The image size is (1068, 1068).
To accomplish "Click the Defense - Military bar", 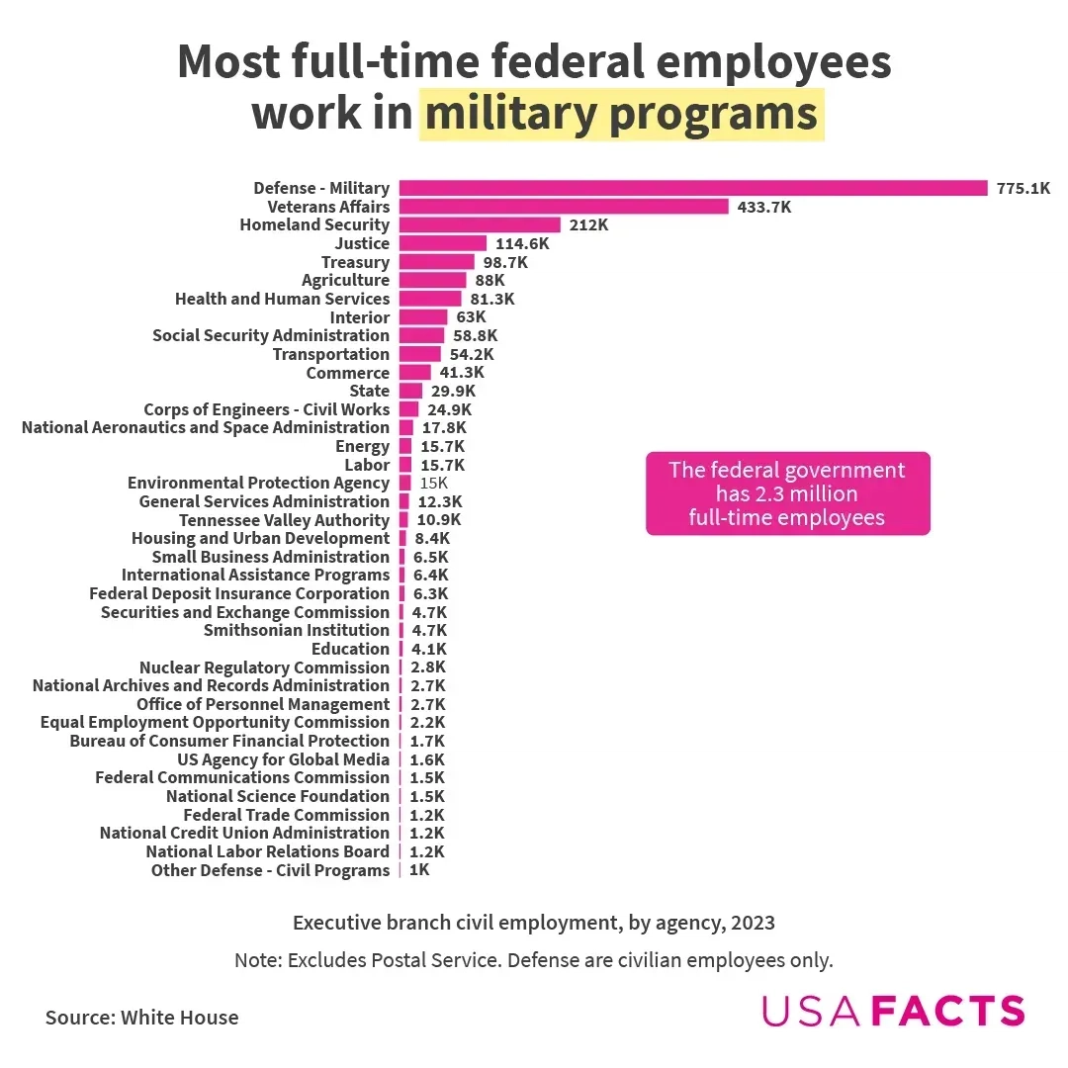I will coord(692,188).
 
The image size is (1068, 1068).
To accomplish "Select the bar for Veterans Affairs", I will coord(564,207).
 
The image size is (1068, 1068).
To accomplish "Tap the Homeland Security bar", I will coord(480,225).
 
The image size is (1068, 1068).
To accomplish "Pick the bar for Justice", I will coord(443,243).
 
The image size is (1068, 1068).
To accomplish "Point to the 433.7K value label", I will coord(764,207).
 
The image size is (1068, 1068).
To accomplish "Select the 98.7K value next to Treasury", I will coord(505,262).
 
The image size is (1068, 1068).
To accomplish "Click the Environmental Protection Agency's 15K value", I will coord(434,483).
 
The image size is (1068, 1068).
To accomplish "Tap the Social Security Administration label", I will coord(271,335).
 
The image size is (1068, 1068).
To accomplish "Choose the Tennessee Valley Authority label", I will coord(285,520).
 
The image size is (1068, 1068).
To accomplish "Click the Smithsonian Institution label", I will coord(297,630).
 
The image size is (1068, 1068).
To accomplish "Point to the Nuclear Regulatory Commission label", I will coord(264,667).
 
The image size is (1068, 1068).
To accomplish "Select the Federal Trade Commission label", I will coord(287,815).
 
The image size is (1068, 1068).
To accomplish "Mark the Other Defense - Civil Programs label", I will coord(270,870).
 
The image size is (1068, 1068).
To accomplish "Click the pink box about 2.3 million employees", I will coord(787,493).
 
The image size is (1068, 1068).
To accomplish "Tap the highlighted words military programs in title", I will coord(621,114).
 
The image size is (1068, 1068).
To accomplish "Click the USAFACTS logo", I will coord(893,1011).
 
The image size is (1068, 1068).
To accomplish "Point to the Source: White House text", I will coord(141,1017).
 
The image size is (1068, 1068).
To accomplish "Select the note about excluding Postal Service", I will coord(534,960).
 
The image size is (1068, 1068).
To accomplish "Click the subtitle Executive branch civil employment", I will coord(534,923).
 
